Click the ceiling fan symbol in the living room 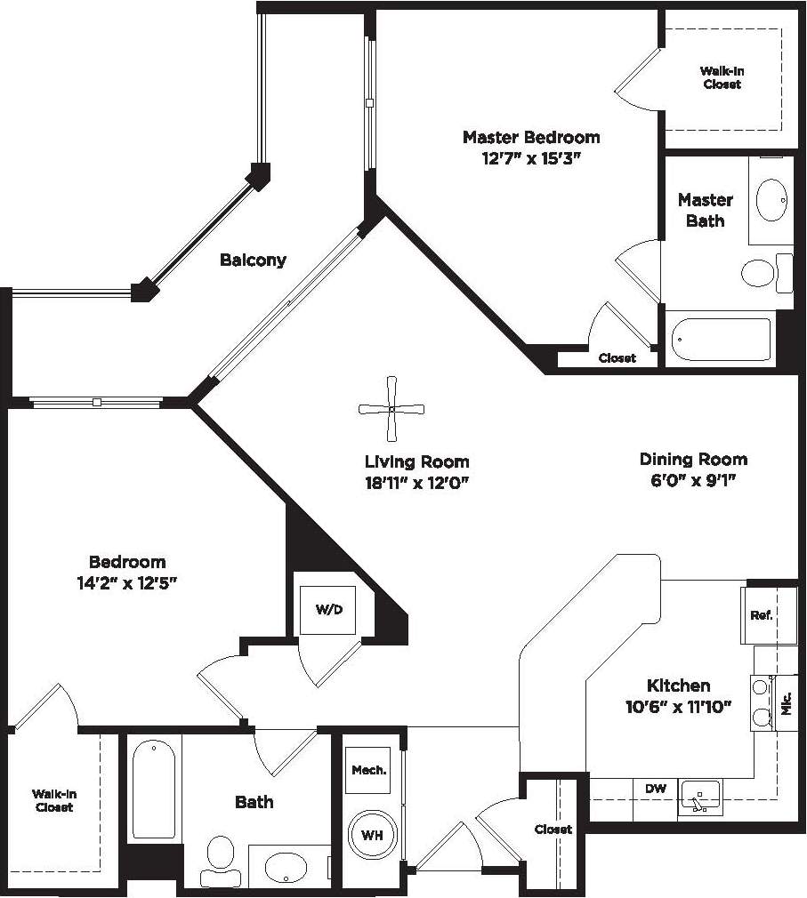coord(391,409)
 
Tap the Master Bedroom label coord(531,138)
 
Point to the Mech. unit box coord(368,770)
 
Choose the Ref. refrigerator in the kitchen coord(761,614)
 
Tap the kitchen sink coord(700,797)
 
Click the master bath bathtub coord(721,339)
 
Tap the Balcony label coord(254,261)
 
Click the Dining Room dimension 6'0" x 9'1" coord(693,480)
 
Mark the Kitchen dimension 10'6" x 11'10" coord(678,707)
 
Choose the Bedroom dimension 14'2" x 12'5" coord(127,583)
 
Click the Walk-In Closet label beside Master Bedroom coord(722,77)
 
